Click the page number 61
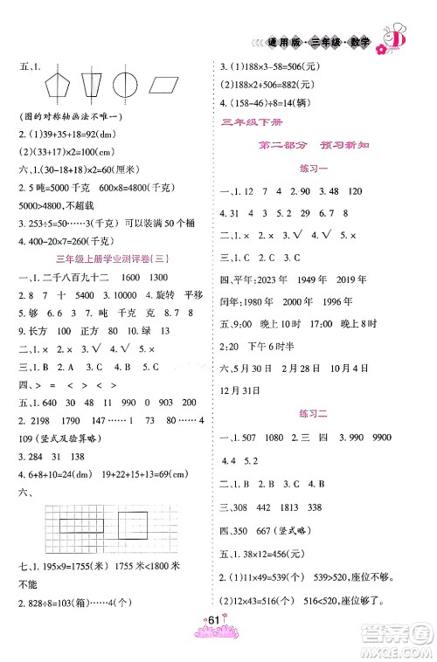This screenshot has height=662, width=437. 218,645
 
